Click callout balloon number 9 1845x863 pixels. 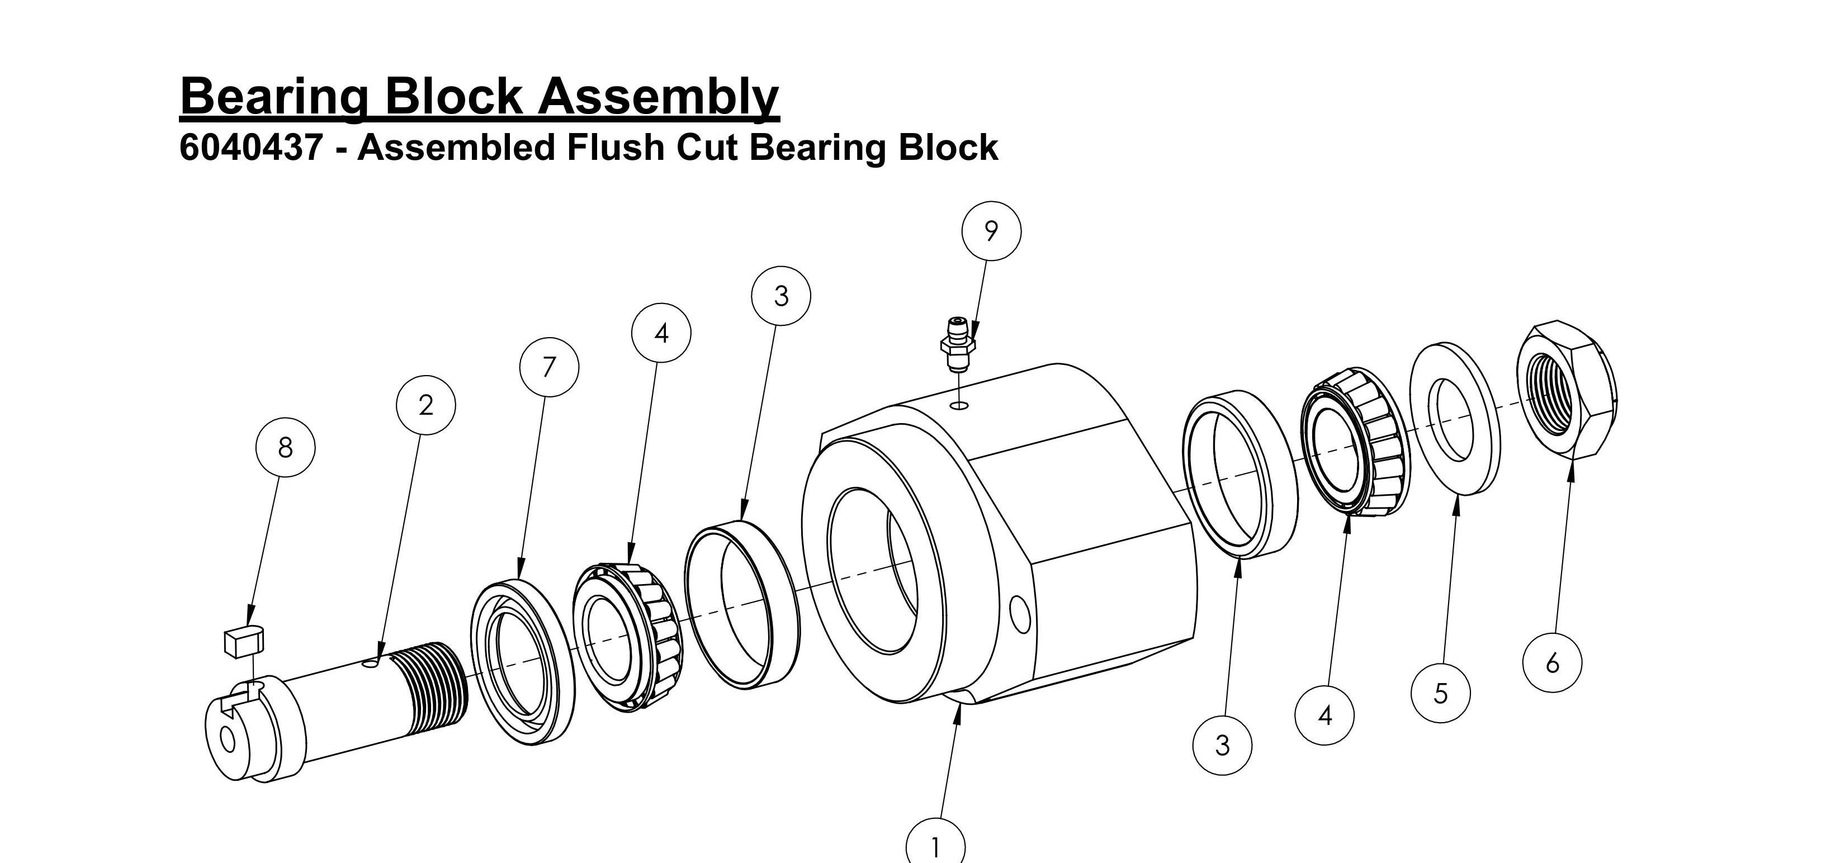tap(991, 231)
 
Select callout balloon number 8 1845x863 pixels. tap(285, 448)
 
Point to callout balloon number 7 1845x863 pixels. tap(548, 367)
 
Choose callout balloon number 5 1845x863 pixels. tap(1440, 693)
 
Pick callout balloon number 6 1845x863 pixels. tap(1552, 663)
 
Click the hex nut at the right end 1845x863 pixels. tap(1567, 390)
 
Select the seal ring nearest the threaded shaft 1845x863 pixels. tap(522, 662)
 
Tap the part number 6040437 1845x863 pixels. tap(250, 148)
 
